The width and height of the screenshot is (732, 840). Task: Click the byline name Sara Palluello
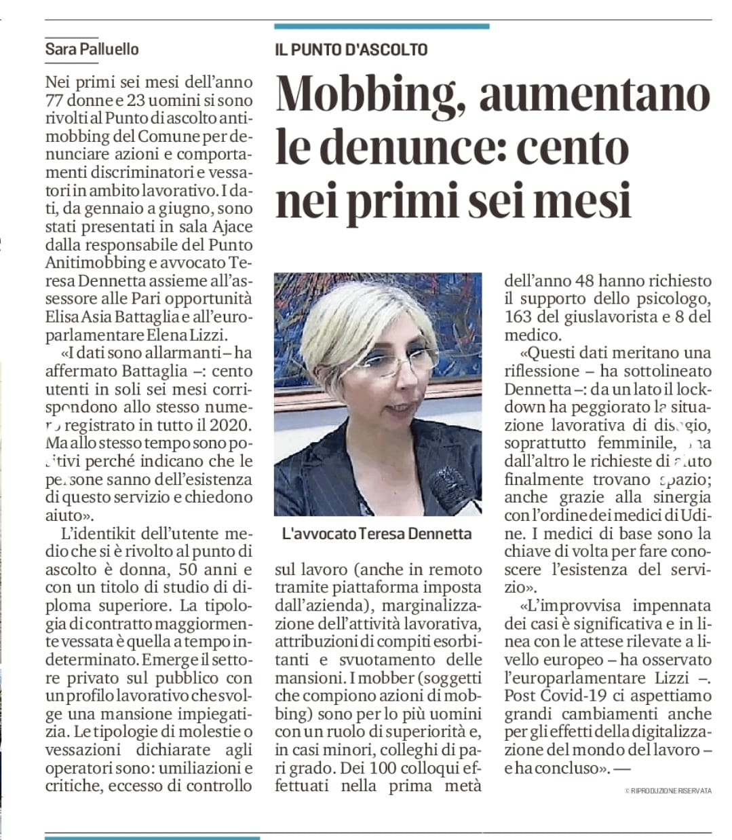92,49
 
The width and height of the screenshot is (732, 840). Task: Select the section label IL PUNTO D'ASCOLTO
351,50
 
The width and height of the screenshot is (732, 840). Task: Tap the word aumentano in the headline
594,94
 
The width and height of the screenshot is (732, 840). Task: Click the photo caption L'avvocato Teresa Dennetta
377,534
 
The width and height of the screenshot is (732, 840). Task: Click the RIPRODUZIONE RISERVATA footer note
668,791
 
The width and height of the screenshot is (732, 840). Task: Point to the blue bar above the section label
381,26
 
